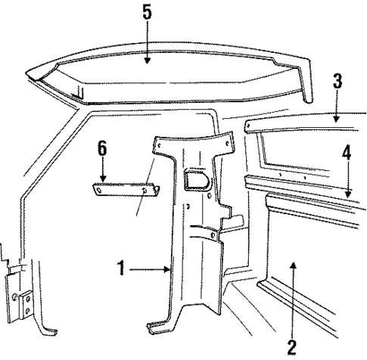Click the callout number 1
tap(121, 267)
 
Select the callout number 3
tap(338, 82)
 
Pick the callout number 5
tap(146, 13)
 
